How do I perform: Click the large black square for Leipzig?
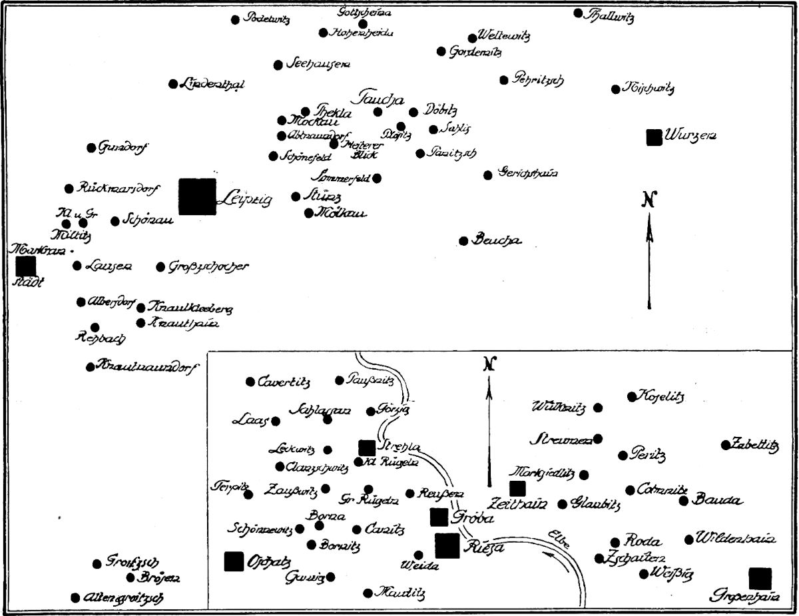tap(197, 196)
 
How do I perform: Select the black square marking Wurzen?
tap(654, 137)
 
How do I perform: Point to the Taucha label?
tap(382, 97)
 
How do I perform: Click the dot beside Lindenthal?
tap(173, 84)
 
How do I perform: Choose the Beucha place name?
tap(497, 240)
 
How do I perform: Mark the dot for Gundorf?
tap(91, 148)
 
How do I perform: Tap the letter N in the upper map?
tap(650, 199)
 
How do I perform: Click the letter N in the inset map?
tap(489, 364)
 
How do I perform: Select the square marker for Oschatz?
tap(234, 561)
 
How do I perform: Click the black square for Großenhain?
tap(760, 579)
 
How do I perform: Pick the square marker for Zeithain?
tap(517, 489)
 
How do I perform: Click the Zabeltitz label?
tap(755, 445)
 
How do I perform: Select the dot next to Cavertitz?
tap(250, 382)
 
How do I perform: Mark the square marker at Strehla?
tap(367, 448)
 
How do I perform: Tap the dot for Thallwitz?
tap(578, 13)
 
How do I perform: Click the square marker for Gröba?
tap(439, 517)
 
